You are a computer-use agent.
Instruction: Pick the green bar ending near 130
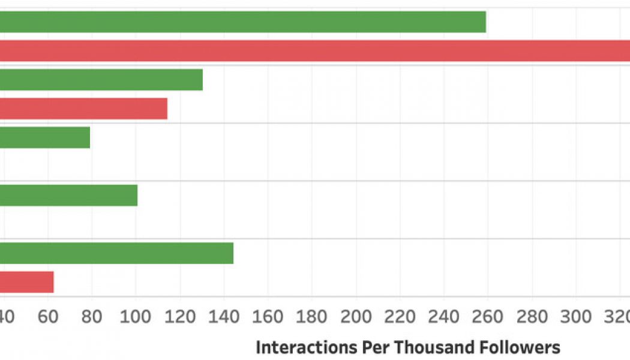[x=101, y=79]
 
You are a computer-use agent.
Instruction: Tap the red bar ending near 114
[x=83, y=108]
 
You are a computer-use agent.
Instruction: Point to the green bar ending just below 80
[x=45, y=137]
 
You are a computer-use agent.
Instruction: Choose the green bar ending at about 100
[x=68, y=195]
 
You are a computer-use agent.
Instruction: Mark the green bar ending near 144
[x=116, y=253]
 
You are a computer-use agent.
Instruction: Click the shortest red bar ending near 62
[x=27, y=281]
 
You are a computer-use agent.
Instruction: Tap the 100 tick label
[x=136, y=316]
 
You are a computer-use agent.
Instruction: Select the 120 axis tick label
[x=179, y=316]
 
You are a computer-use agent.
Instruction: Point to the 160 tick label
[x=268, y=316]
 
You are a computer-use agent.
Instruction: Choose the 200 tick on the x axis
[x=356, y=316]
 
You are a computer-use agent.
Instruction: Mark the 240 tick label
[x=444, y=316]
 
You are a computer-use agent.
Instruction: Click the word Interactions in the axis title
[x=301, y=347]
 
